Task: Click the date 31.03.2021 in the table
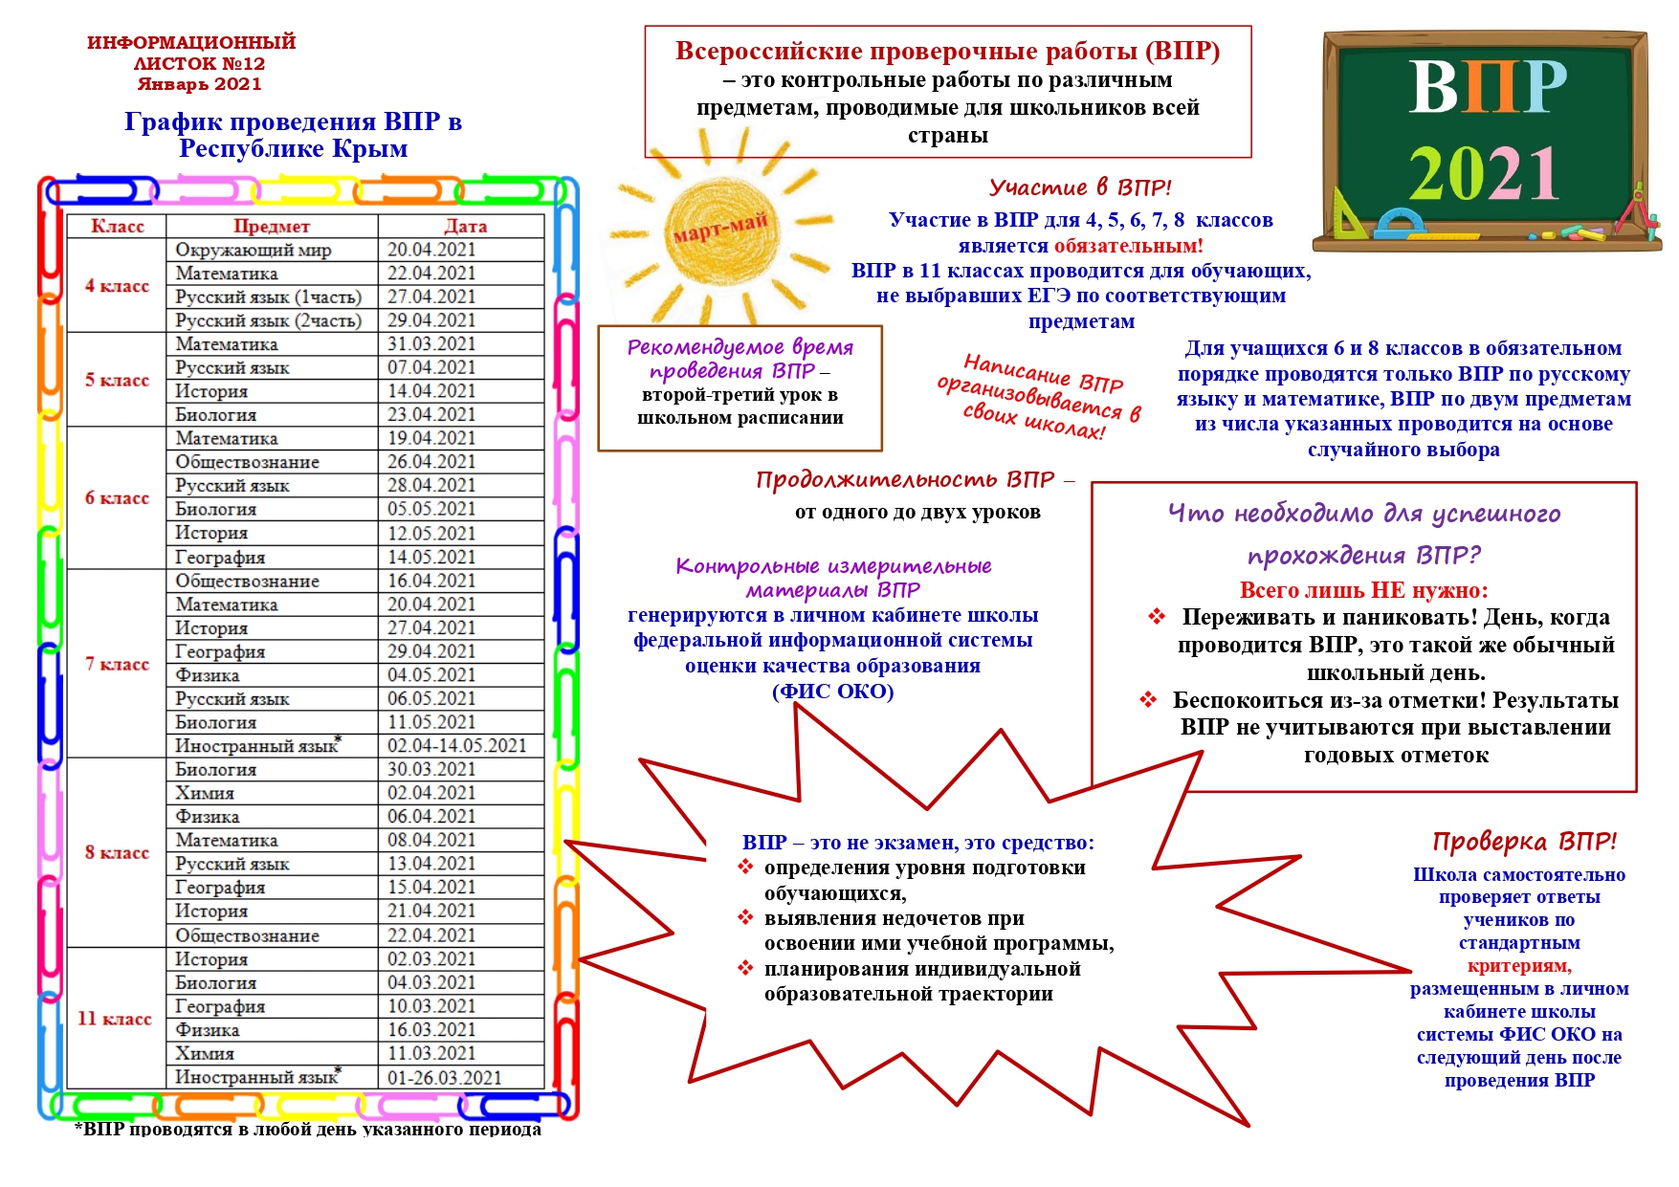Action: tap(431, 344)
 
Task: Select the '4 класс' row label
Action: tap(117, 286)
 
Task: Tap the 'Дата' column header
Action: tap(465, 227)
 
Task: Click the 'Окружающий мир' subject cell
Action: tap(253, 250)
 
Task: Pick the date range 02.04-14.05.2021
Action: tap(456, 746)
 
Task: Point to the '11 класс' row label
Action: tap(115, 1019)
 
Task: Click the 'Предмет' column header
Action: tap(272, 227)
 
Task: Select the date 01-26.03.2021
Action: tap(444, 1078)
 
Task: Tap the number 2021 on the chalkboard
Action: tap(1484, 174)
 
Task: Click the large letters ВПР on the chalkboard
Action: tap(1487, 87)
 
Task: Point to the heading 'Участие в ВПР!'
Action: tap(1080, 187)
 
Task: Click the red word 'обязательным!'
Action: tap(1129, 246)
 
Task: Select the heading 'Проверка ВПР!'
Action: tap(1524, 842)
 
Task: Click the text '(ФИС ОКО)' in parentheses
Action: tap(832, 692)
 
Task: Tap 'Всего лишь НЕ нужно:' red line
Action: tap(1363, 590)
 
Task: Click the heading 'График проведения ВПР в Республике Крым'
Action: tap(293, 135)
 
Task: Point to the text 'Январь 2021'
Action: tap(199, 84)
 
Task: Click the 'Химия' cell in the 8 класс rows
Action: tap(205, 793)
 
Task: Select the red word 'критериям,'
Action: tap(1519, 966)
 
